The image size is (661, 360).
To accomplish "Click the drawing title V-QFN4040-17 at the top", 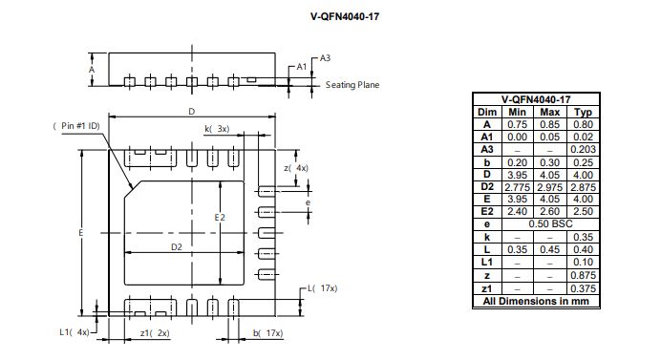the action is (x=345, y=16).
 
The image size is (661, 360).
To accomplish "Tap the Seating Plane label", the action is (x=352, y=85).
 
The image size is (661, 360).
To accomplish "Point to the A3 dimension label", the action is (x=325, y=58).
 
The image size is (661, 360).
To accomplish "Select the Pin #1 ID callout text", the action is (x=76, y=126).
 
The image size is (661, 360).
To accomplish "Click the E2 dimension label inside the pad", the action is (x=220, y=217).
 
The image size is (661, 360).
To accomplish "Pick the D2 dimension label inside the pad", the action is (x=176, y=247).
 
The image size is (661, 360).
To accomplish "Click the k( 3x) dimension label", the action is (x=217, y=129).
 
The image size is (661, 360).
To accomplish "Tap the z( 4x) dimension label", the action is (x=296, y=168).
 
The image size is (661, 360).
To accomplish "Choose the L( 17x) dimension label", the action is (x=323, y=288).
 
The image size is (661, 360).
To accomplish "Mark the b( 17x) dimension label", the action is (x=268, y=333).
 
